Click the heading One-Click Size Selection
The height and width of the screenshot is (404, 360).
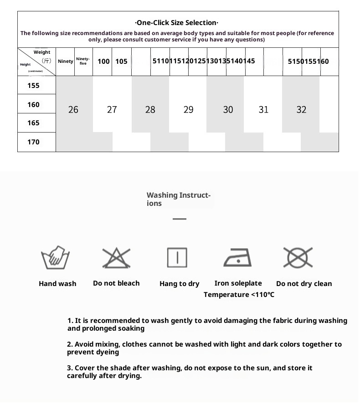(177, 23)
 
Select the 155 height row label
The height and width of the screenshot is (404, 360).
(33, 86)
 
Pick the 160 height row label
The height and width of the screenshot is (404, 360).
(33, 105)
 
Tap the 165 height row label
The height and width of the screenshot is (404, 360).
(33, 123)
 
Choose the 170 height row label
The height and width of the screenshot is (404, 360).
(33, 142)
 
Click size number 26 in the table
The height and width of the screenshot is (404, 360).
(73, 110)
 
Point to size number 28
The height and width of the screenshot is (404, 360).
(150, 110)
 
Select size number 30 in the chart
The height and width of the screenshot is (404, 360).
(228, 110)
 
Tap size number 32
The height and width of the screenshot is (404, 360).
(301, 110)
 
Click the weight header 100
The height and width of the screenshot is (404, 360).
(103, 61)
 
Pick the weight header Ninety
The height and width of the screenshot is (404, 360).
(66, 61)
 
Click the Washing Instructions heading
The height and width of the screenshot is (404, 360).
(178, 199)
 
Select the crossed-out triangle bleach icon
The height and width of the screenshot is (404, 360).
(116, 258)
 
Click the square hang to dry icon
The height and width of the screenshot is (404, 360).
(177, 258)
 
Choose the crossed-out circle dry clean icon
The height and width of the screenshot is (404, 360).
(298, 257)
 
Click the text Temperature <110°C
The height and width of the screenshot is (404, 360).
(239, 295)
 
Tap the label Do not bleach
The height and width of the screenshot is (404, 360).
(116, 283)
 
